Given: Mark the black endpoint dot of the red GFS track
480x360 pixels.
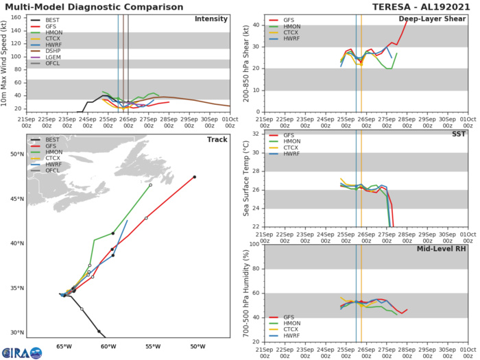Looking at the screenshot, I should pyautogui.click(x=195, y=177).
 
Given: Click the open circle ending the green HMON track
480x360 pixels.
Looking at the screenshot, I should pyautogui.click(x=150, y=184).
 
